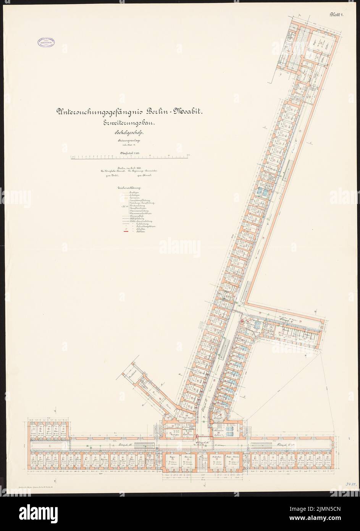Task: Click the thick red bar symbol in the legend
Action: click(x=124, y=232)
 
